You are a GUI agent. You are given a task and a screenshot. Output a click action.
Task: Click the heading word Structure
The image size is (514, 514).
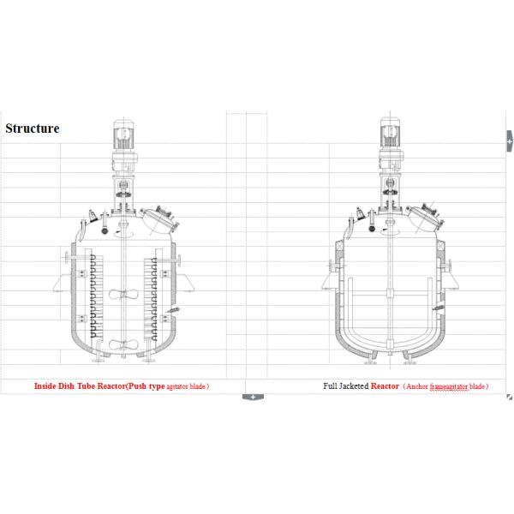(33, 128)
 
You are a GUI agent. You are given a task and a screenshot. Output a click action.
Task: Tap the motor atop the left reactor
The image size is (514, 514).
(123, 135)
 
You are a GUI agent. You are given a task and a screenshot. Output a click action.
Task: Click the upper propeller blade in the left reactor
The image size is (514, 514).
(123, 295)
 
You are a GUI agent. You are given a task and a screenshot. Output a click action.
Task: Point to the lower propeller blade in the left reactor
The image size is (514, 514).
(123, 345)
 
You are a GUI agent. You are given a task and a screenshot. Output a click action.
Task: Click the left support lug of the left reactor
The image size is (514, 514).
(63, 284)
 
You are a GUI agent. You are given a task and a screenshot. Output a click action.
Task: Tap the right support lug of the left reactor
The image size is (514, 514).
(185, 284)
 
